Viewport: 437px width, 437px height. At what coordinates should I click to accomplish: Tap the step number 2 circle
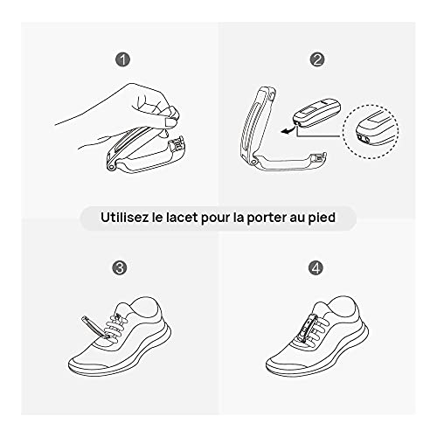317,60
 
